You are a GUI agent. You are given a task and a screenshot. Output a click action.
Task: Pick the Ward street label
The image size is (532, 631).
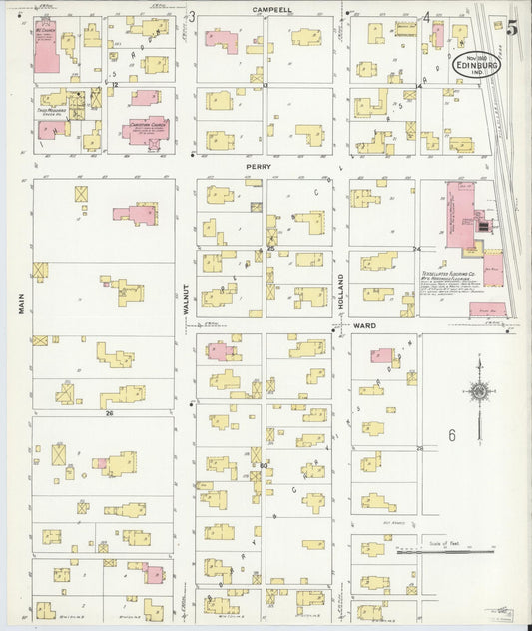(x=363, y=325)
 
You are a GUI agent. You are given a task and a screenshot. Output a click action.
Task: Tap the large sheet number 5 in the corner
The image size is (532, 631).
(x=511, y=27)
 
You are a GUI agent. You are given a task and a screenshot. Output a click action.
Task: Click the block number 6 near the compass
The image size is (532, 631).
(x=451, y=436)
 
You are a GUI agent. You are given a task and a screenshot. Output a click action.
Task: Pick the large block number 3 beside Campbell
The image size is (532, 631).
(x=192, y=16)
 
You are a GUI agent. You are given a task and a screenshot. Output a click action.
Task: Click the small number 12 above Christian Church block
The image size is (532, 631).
(x=115, y=86)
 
